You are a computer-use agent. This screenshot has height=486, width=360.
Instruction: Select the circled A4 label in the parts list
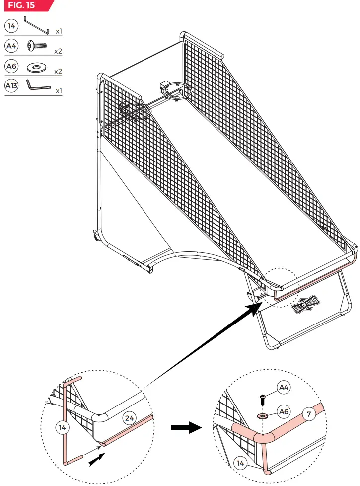(11, 46)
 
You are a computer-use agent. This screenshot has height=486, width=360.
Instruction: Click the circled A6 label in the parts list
(11, 66)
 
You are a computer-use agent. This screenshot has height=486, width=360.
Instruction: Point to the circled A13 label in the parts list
(11, 85)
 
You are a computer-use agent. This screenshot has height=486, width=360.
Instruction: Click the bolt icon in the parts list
(37, 46)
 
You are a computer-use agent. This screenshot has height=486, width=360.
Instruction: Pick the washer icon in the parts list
(37, 66)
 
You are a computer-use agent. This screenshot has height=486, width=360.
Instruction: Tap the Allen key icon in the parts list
(37, 85)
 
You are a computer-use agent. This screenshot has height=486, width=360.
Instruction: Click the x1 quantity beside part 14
(59, 31)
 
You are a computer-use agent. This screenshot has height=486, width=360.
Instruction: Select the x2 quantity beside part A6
(58, 71)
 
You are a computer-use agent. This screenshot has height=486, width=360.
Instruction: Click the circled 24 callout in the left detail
(129, 418)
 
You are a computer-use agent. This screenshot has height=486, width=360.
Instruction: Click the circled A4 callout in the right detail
(284, 387)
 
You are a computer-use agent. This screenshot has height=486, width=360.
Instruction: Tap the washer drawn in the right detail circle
(262, 414)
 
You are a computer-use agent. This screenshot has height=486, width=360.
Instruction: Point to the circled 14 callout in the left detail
(63, 427)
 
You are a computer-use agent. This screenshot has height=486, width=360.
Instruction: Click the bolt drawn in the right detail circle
(262, 399)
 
